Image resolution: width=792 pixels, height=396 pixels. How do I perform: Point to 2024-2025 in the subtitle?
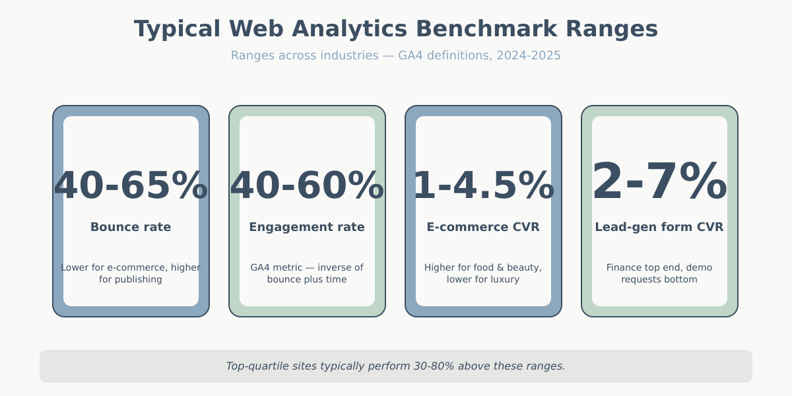528,55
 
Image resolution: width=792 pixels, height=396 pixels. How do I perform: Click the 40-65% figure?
131,185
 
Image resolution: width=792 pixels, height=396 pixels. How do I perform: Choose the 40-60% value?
307,185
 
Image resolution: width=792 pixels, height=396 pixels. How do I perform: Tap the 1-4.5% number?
483,185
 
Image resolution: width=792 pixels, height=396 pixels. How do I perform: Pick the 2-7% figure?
659,182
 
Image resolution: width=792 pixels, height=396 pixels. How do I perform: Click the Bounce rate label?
131,227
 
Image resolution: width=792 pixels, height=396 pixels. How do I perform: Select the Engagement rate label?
307,227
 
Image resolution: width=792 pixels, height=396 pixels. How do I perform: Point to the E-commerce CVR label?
483,227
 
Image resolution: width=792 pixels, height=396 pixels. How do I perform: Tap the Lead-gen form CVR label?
659,227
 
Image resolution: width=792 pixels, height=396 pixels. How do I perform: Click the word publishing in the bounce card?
139,279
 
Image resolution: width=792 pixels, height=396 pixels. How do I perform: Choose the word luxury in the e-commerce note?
504,279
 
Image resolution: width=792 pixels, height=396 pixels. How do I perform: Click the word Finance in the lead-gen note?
625,267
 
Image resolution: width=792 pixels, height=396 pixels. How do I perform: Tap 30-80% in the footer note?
434,366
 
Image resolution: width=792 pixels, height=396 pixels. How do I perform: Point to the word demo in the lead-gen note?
700,267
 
